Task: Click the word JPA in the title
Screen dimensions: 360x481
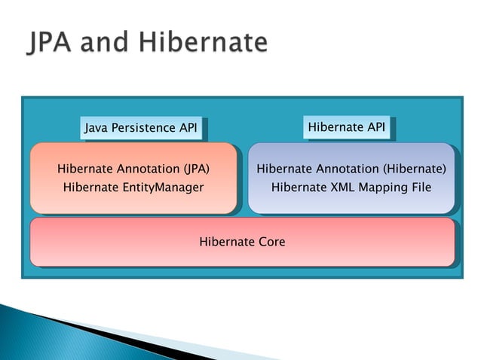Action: pos(55,42)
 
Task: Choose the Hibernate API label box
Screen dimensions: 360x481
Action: pos(347,127)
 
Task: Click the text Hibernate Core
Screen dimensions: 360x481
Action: pos(242,242)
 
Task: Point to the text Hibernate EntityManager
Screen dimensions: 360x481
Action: pos(133,187)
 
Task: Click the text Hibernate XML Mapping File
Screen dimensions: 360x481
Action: pos(351,187)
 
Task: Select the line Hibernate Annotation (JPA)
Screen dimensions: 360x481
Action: pos(133,169)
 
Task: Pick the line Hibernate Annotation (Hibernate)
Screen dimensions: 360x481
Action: pos(351,169)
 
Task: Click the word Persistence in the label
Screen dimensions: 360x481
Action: pos(143,128)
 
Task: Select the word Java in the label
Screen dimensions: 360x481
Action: pos(96,128)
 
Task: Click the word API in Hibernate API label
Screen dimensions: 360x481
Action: pos(374,127)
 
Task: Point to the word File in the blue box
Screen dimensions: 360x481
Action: pos(419,187)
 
